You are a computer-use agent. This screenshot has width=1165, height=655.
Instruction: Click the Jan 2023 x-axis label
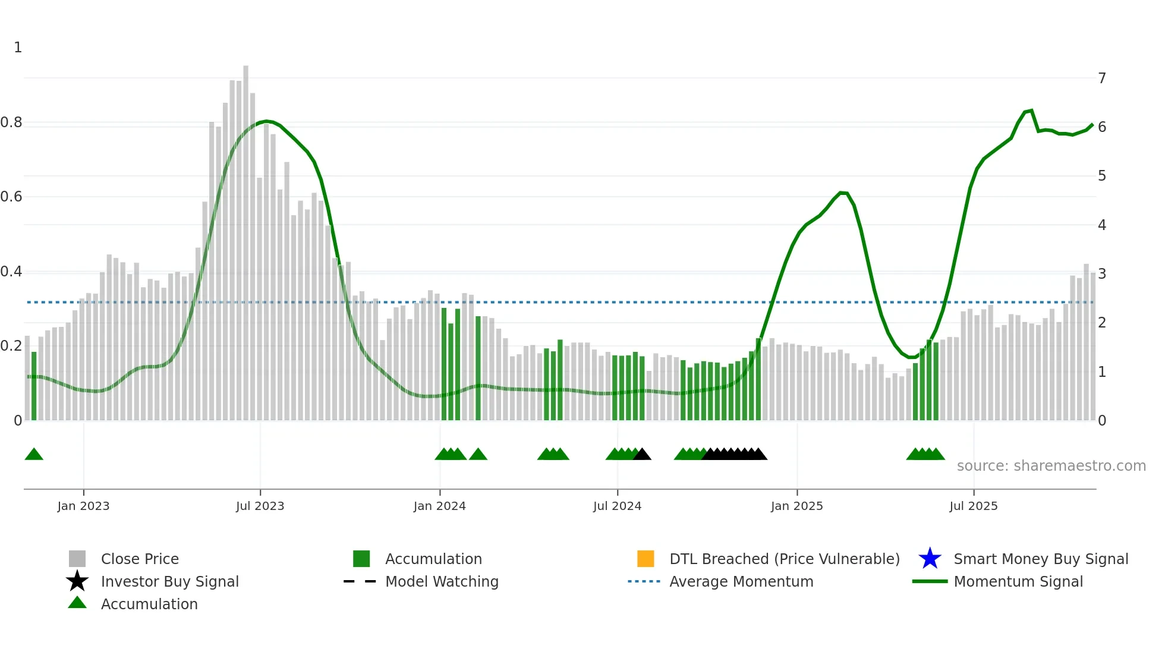[83, 506]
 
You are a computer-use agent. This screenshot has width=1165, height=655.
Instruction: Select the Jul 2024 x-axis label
[617, 506]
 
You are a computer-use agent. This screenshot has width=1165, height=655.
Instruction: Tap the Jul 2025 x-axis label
[973, 506]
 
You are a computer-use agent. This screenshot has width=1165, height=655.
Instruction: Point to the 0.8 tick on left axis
[12, 122]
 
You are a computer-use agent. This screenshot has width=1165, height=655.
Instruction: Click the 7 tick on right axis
[1101, 78]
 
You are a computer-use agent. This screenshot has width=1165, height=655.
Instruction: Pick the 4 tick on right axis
[1101, 225]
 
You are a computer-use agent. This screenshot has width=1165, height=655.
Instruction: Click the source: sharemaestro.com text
[1051, 466]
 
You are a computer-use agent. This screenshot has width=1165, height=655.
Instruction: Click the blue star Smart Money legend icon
[930, 559]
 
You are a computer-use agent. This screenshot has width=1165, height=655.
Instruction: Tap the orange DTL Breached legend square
[646, 559]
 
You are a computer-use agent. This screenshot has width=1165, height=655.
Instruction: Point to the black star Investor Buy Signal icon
[77, 581]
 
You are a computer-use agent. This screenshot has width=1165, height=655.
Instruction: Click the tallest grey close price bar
[245, 238]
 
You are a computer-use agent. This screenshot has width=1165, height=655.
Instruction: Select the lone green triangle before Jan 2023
[34, 455]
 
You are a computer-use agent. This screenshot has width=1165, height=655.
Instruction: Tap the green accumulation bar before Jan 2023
[34, 386]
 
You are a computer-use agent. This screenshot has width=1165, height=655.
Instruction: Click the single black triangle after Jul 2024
[643, 455]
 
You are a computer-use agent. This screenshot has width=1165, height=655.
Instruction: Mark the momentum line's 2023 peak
[266, 121]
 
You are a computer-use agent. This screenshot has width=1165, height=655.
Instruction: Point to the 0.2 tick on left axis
[12, 346]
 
